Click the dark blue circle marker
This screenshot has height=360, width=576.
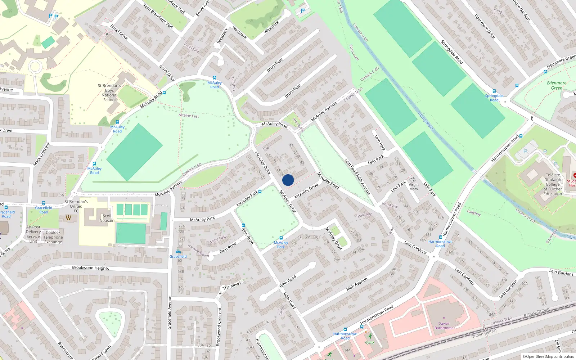point(288,180)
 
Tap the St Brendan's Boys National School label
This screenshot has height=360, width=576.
point(109,93)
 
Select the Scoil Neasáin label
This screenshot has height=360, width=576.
point(107,218)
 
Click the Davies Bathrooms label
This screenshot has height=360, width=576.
point(444,325)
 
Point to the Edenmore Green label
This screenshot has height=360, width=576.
point(557,85)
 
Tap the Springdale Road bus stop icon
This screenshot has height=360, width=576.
point(494,91)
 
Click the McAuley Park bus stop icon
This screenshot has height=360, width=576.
point(281,238)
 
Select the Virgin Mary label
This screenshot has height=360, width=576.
point(414,186)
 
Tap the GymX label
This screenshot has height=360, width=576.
point(370,342)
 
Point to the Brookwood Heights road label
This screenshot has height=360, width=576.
point(90,268)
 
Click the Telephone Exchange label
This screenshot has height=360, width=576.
point(53,237)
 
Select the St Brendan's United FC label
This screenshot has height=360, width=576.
point(76,206)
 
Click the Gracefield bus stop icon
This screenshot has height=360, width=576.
point(178,252)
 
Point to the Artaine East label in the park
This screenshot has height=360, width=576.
point(189,116)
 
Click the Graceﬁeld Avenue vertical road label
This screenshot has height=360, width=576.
point(170,312)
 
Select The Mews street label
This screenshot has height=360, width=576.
point(231,285)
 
